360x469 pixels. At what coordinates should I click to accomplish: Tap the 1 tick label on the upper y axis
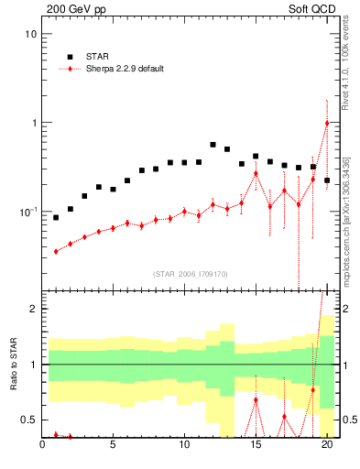pyautogui.click(x=32, y=123)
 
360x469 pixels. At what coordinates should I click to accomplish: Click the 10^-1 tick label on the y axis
pyautogui.click(x=27, y=212)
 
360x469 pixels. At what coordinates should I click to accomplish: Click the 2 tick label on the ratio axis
pyautogui.click(x=33, y=309)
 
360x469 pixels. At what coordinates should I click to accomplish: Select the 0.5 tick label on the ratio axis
pyautogui.click(x=28, y=420)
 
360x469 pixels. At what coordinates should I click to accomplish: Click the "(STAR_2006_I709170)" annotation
pyautogui.click(x=191, y=274)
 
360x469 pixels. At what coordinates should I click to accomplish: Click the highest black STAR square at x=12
pyautogui.click(x=213, y=145)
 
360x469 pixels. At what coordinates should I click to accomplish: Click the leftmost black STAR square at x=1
pyautogui.click(x=56, y=218)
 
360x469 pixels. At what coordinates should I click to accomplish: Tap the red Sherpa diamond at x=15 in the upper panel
pyautogui.click(x=256, y=173)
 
